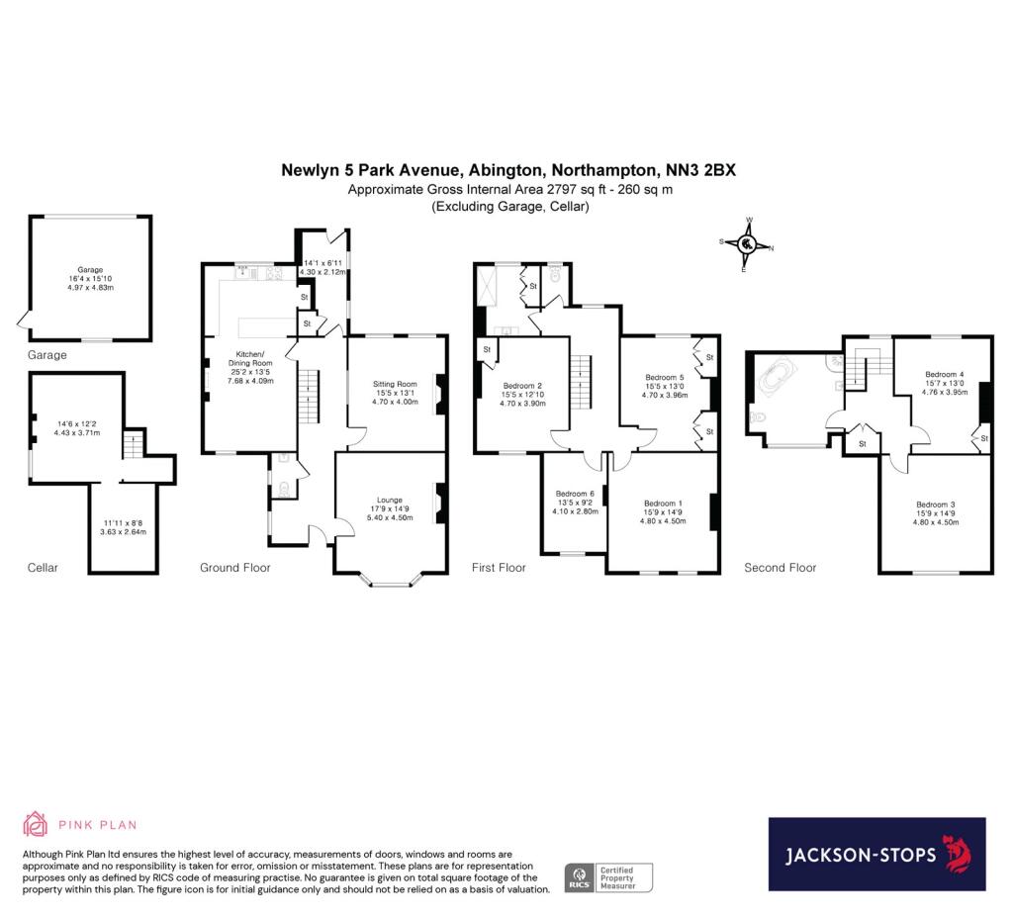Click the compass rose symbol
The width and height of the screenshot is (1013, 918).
(x=748, y=243)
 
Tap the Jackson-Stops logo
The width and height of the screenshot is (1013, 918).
(x=876, y=854)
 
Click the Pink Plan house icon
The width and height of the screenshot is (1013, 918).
(x=36, y=824)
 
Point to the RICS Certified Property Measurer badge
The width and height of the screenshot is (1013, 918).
(x=608, y=876)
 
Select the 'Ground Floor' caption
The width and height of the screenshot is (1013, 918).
(x=234, y=568)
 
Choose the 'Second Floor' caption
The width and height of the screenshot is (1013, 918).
(x=780, y=568)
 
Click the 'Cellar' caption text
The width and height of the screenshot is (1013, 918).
(x=43, y=568)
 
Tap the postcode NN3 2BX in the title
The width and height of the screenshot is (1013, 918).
(x=700, y=171)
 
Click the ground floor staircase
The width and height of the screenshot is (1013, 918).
(x=311, y=394)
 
